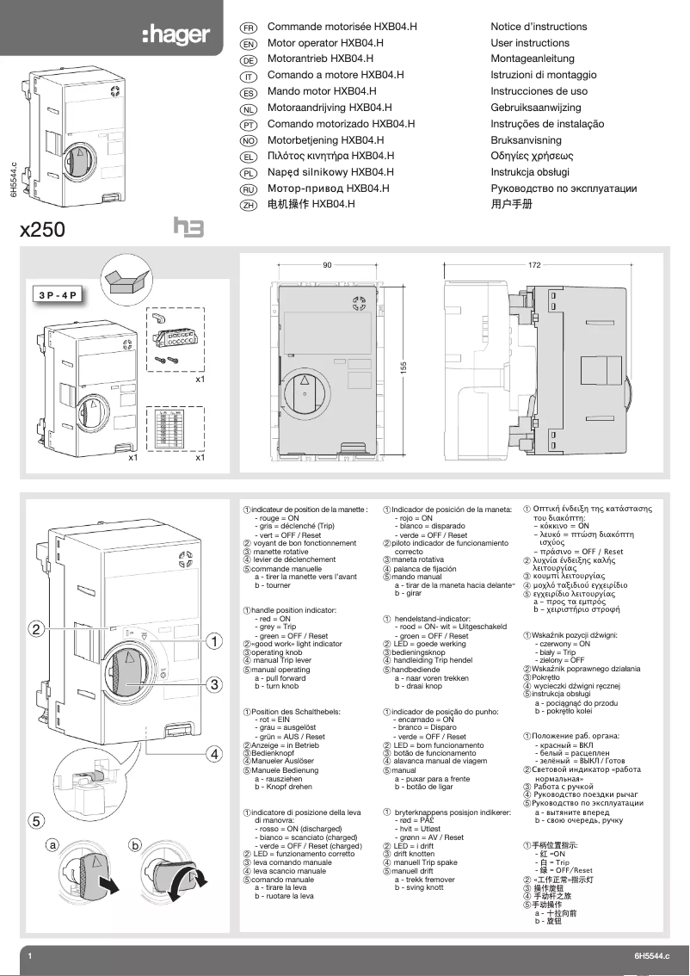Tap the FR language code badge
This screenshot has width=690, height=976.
[248, 28]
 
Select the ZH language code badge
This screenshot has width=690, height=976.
[248, 206]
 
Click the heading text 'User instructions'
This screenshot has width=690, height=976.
[530, 43]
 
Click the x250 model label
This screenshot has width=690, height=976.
[43, 231]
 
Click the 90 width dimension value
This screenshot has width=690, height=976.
[327, 265]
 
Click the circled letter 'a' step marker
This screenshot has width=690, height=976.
[52, 846]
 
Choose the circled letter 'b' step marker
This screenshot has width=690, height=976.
[134, 846]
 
